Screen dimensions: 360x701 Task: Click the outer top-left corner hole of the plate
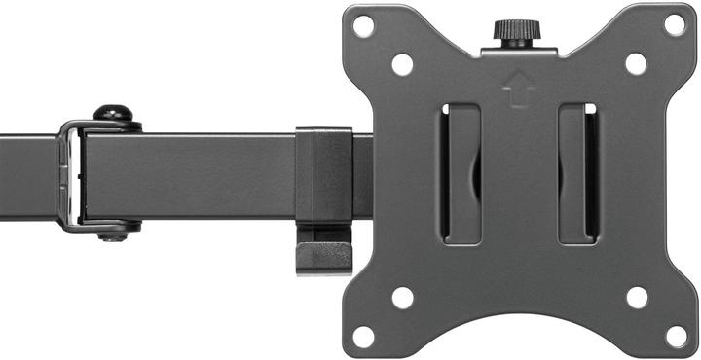pyautogui.click(x=363, y=25)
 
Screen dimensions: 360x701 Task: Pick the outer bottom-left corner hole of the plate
pyautogui.click(x=363, y=336)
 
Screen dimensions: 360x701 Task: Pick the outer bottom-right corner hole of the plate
pyautogui.click(x=675, y=336)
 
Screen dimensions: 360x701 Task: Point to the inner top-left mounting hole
pyautogui.click(x=402, y=64)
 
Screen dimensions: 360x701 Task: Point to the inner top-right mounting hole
pyautogui.click(x=636, y=64)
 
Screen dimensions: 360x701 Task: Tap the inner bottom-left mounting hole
pyautogui.click(x=402, y=297)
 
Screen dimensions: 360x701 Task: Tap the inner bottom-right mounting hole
pyautogui.click(x=636, y=297)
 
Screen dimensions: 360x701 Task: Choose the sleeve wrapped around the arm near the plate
pyautogui.click(x=323, y=175)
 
